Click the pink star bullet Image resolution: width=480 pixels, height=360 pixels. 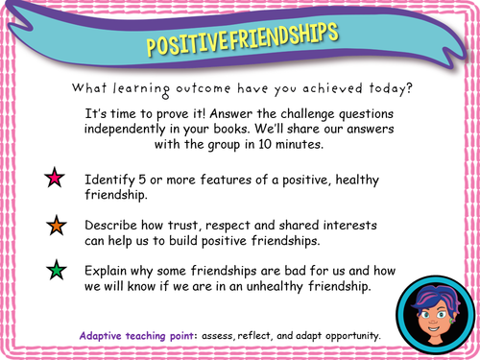[55, 179]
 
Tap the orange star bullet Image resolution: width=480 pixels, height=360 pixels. [55, 227]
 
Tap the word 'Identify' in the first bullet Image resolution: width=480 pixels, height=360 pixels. [111, 180]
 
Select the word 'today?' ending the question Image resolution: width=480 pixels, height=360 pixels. [388, 88]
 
